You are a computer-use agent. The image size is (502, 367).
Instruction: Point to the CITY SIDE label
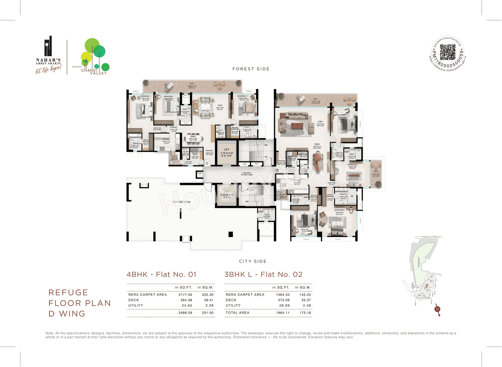coord(253,261)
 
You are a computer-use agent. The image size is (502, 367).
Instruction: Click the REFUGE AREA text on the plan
coord(181,202)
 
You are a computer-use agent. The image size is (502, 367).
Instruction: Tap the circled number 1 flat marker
coord(277,170)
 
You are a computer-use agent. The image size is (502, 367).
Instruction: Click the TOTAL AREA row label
coord(237,313)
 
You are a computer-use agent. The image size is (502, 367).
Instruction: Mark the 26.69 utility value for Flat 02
coord(281,305)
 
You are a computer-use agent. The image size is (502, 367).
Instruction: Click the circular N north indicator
coord(437,309)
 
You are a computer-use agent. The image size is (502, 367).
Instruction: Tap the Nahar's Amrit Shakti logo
coord(47,55)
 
